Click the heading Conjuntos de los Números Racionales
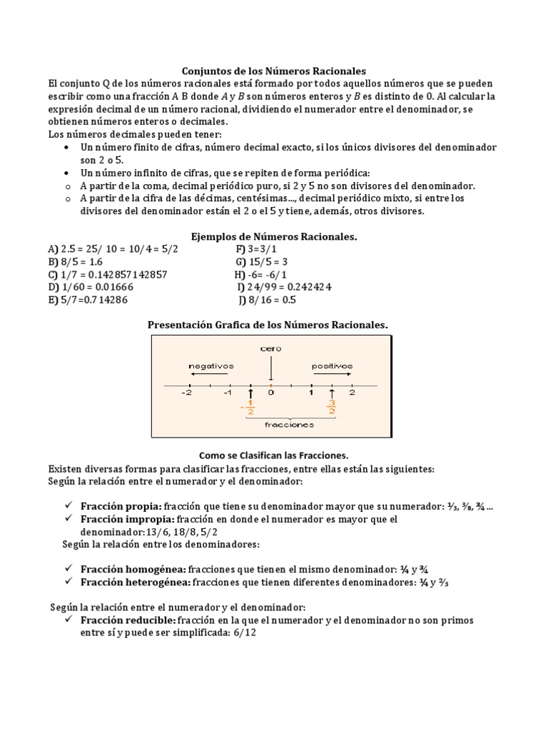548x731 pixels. pos(274,71)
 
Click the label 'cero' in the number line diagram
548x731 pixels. pos(271,348)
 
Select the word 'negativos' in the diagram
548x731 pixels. pos(211,365)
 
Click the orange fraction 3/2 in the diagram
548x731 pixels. pos(332,407)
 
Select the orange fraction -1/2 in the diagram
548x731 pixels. pos(249,407)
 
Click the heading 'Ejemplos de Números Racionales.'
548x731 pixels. pos(273,236)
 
